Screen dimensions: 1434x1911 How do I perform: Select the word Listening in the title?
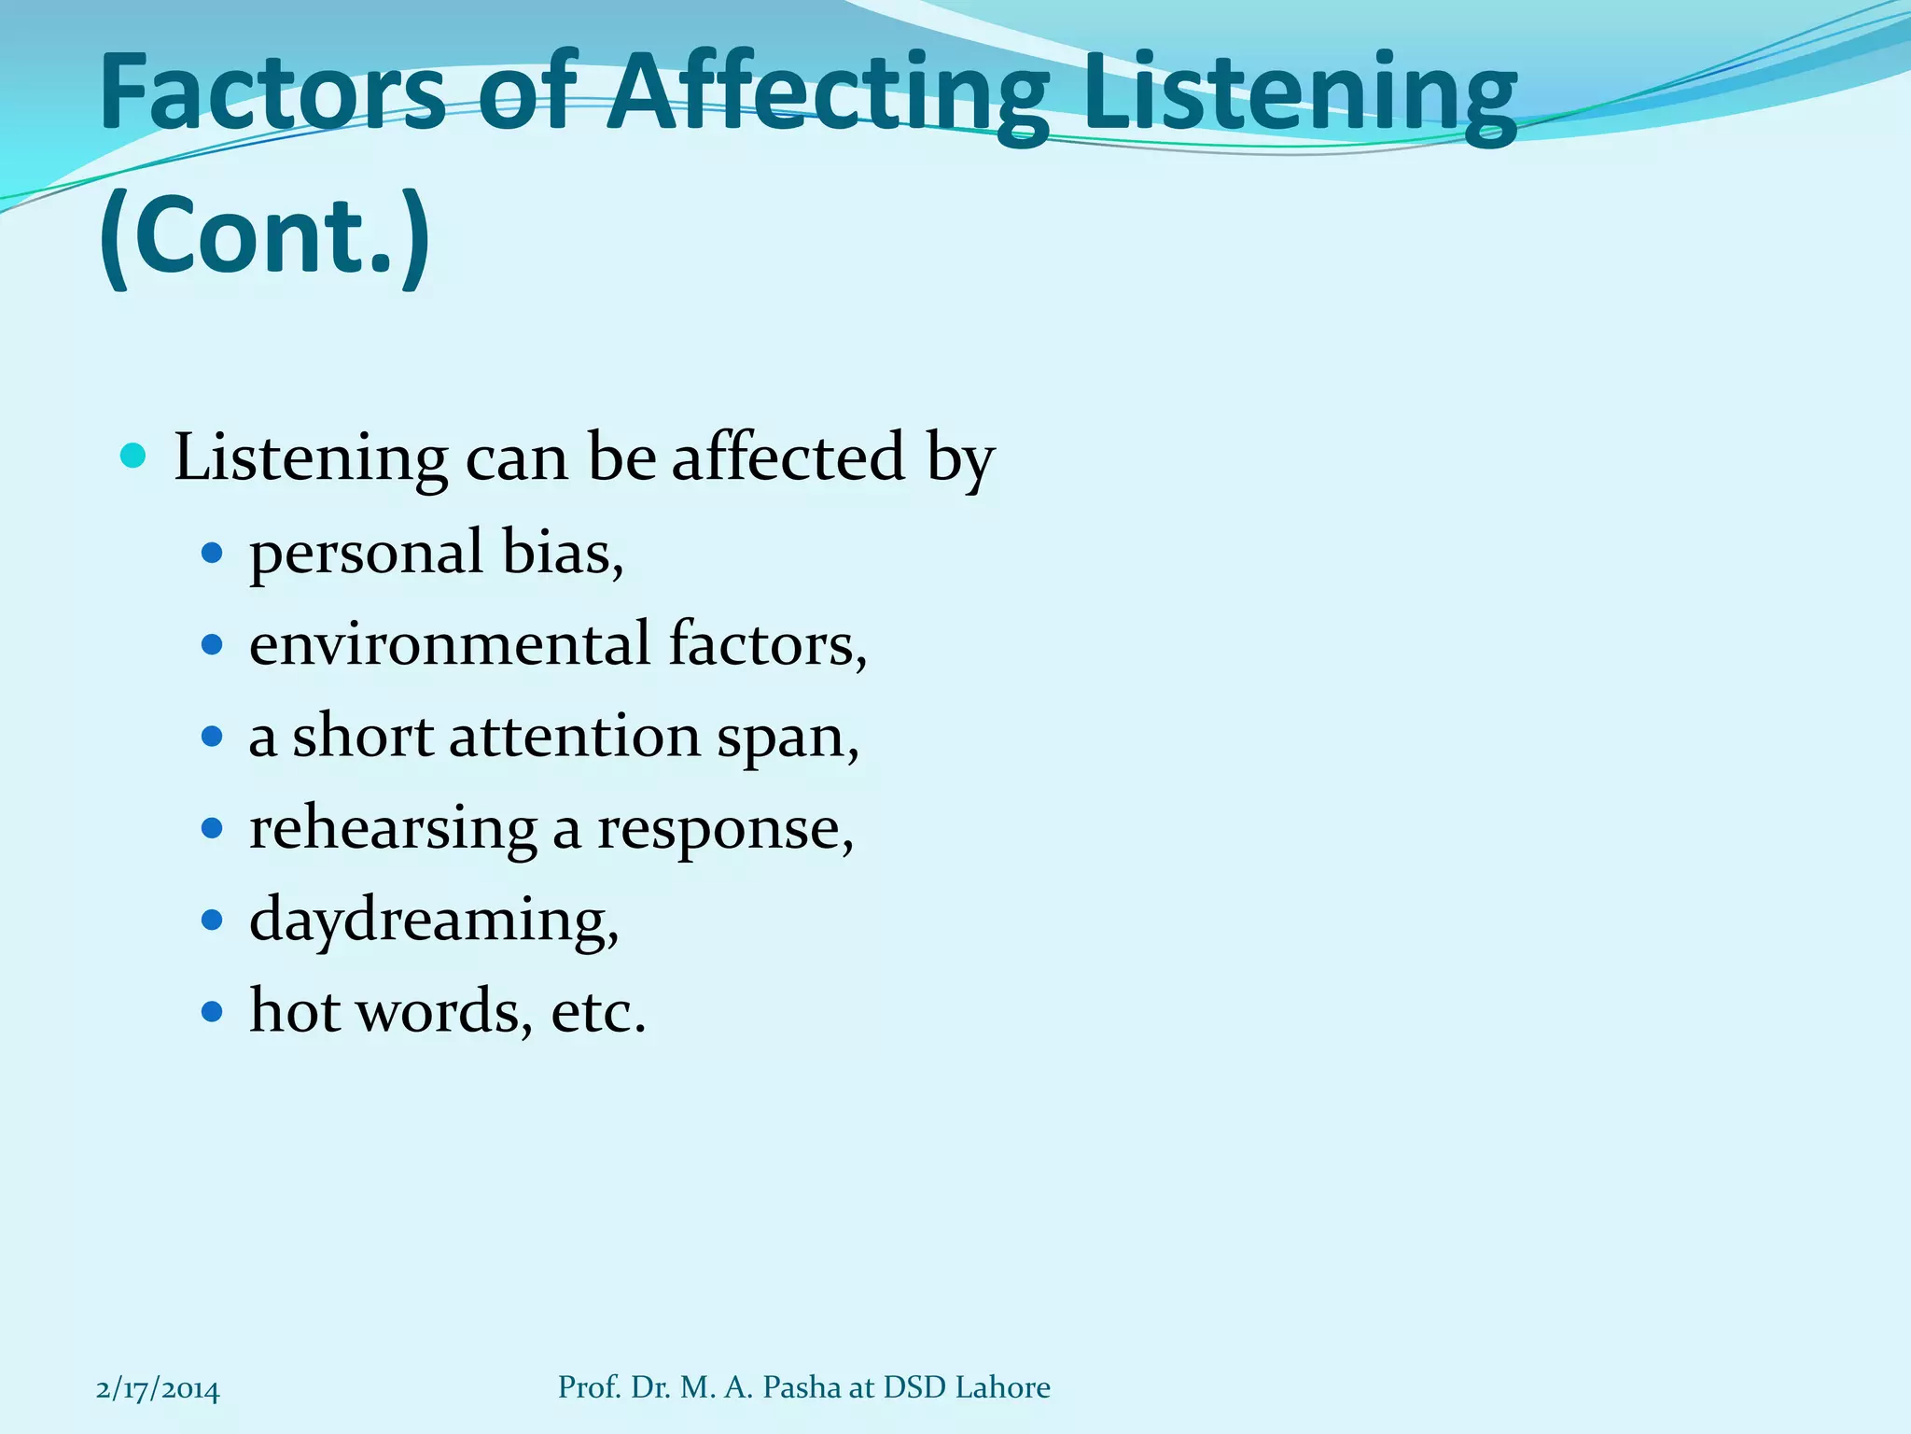[x=1301, y=93]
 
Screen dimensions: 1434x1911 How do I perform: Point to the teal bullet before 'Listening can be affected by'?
[x=134, y=457]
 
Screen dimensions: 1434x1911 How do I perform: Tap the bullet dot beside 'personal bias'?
[x=213, y=554]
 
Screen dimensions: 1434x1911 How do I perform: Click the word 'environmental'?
[x=450, y=644]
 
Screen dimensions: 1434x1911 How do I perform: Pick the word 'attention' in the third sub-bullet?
[x=575, y=737]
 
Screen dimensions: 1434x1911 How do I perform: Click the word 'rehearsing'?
[x=393, y=828]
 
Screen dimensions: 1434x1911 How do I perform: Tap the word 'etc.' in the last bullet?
[x=599, y=1012]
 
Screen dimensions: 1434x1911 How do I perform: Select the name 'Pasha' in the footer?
[x=802, y=1388]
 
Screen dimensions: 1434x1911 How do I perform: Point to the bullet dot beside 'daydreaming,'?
[x=213, y=921]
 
